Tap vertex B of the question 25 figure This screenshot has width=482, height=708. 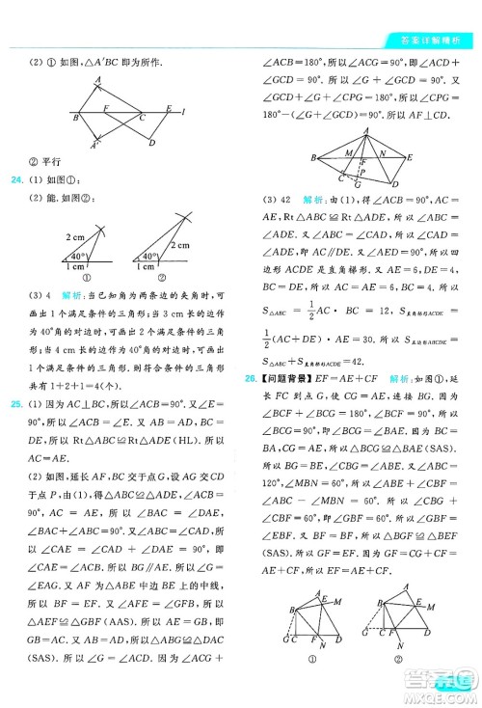pyautogui.click(x=313, y=157)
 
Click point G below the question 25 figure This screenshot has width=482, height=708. pyautogui.click(x=357, y=184)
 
